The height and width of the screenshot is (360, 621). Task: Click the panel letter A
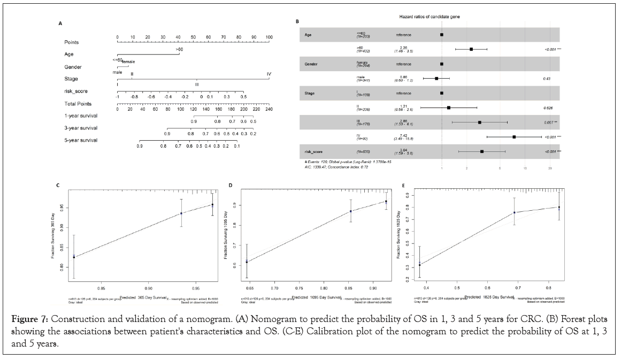click(60, 24)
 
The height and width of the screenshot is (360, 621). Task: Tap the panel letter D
click(230, 185)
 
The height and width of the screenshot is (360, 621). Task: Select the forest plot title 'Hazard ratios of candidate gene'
click(430, 17)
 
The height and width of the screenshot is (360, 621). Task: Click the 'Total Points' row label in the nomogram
click(78, 104)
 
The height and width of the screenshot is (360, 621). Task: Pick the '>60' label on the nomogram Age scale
click(180, 49)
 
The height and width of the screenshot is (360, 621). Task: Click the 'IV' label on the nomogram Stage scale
click(269, 74)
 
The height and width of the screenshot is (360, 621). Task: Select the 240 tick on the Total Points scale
click(269, 110)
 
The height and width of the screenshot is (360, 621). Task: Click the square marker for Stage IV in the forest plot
click(514, 137)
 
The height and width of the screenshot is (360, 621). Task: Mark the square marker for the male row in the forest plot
click(436, 79)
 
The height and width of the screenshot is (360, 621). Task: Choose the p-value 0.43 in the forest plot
click(547, 79)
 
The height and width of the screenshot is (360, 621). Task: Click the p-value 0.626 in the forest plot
click(546, 108)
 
